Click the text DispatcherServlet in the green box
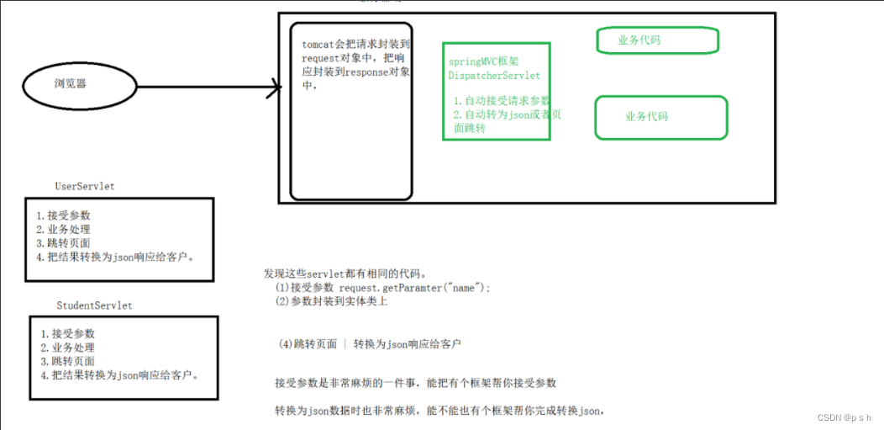[494, 76]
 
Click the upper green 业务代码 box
[657, 40]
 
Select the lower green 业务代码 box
[660, 117]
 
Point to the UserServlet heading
[84, 186]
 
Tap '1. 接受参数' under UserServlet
[63, 215]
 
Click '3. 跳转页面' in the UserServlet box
[63, 243]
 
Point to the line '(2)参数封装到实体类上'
[331, 302]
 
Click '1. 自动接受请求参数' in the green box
[501, 101]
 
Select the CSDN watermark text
[843, 417]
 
